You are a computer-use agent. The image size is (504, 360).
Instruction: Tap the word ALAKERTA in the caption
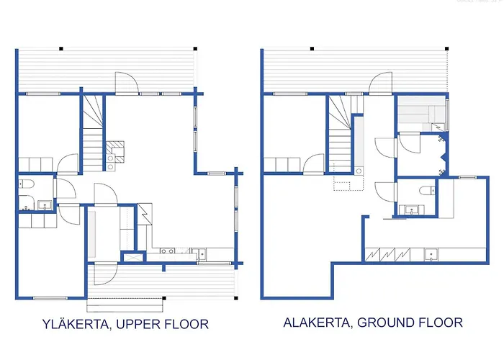coord(317,323)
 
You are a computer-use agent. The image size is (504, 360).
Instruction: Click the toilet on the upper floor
coord(27,184)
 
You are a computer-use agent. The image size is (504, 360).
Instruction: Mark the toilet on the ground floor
coord(427,191)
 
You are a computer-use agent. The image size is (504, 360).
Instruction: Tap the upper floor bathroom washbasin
coord(45,204)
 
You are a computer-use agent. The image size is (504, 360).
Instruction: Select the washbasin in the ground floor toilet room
coord(411,210)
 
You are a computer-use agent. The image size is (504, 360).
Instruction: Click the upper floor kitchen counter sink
coord(202,254)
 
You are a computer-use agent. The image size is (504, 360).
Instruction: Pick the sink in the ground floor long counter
coord(431,254)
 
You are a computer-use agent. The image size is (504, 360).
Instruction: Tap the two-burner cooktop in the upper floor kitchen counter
coord(168,251)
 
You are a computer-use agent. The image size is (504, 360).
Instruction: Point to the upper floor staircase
coord(93,133)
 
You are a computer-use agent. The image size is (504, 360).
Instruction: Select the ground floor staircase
coord(339,134)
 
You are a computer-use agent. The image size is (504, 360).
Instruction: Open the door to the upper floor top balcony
coord(127,83)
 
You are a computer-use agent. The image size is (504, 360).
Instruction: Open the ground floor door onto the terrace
coord(380,83)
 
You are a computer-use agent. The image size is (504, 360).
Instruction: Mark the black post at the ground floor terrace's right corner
coord(447,49)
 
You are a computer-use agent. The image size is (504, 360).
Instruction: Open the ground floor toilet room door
coord(386,192)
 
